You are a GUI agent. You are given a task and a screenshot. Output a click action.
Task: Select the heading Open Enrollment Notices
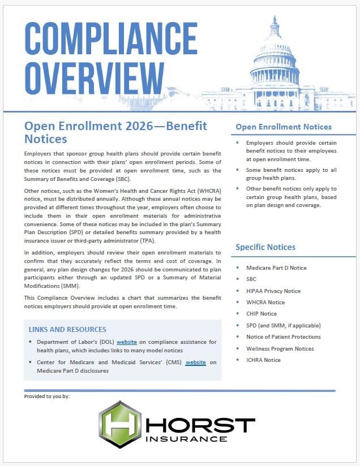tap(283, 127)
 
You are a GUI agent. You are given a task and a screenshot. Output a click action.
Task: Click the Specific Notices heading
tap(265, 247)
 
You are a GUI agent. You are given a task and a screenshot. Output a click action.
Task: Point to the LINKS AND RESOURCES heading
tap(67, 329)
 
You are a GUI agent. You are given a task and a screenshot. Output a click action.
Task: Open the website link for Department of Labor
tap(127, 342)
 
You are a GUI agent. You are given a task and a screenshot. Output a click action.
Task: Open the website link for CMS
tap(195, 362)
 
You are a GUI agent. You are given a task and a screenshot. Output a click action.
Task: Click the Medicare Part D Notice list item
tap(276, 267)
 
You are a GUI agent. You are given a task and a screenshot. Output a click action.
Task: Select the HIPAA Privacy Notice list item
tap(273, 291)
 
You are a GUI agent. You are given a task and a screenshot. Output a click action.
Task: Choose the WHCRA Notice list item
tap(265, 302)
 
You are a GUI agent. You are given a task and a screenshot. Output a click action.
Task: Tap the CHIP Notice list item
tap(262, 314)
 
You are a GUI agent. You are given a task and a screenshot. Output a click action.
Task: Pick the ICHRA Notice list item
tap(263, 360)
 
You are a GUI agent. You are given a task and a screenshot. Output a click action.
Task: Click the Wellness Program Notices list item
tap(280, 348)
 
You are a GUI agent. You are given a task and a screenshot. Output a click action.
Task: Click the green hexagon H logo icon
tap(119, 424)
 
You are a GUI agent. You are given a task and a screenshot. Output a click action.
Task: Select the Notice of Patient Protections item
tap(284, 336)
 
